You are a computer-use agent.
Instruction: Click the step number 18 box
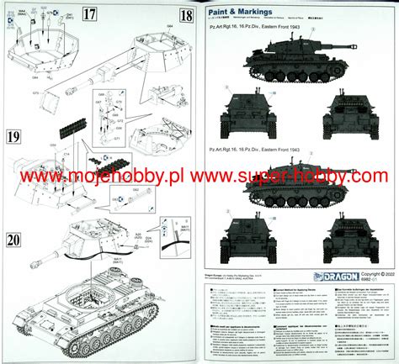click(x=184, y=14)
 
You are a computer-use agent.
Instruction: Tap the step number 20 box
click(x=13, y=240)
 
